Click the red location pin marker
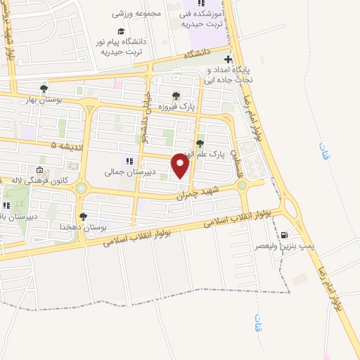point(181,166)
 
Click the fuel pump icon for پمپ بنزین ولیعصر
point(283,235)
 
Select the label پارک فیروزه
point(196,105)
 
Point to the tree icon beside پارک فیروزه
point(176,96)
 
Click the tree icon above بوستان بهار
point(44,89)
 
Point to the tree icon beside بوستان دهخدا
point(83,217)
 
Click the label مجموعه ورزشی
point(137,13)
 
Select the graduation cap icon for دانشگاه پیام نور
point(121,31)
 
